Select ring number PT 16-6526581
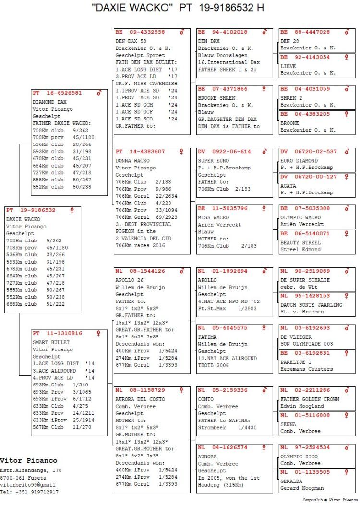[57, 93]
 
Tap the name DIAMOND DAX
[49, 102]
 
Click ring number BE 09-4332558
[140, 32]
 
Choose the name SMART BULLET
[51, 342]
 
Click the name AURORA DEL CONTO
[140, 399]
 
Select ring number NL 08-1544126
[140, 271]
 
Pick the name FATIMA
[207, 337]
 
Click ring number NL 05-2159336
[223, 390]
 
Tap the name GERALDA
[291, 481]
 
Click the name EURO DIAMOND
[299, 160]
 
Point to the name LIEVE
[288, 66]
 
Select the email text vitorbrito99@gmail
[28, 485]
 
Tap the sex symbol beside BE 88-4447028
[347, 32]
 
